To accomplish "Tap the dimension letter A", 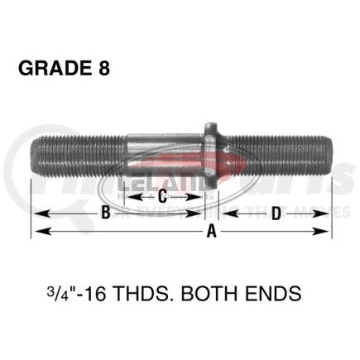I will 211,233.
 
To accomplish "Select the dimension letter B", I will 105,213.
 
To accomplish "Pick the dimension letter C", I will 163,197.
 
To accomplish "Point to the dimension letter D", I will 275,213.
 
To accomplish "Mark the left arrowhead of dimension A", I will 37,233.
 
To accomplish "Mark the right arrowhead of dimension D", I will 327,214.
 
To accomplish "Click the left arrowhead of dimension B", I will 37,214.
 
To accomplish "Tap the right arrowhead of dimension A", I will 327,233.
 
